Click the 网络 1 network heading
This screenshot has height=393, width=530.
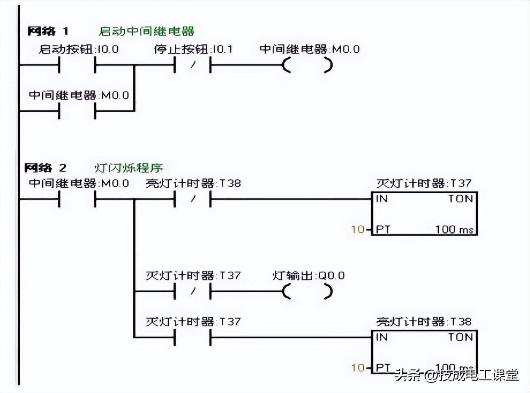(48, 31)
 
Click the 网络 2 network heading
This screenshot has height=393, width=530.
(46, 168)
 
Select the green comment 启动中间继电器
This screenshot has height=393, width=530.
(146, 31)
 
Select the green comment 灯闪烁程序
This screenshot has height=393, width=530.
(128, 168)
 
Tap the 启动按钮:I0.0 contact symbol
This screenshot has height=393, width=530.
(77, 65)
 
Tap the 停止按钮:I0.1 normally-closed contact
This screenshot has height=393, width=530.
(192, 65)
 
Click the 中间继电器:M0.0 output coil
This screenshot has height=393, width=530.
(307, 65)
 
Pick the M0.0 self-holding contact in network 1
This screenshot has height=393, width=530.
(77, 111)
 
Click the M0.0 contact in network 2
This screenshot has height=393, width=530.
(77, 199)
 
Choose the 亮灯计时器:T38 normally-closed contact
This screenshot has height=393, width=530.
(192, 199)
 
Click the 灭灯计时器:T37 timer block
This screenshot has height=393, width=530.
(424, 214)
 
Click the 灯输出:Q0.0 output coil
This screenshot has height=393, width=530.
(307, 291)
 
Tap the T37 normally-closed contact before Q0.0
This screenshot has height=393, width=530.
(192, 291)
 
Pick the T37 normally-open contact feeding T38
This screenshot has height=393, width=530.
(192, 337)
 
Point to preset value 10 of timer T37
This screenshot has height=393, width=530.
(357, 230)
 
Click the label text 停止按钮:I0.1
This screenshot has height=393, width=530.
(193, 49)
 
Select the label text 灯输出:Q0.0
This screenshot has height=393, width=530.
(308, 276)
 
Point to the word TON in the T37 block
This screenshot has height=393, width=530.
(460, 199)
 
